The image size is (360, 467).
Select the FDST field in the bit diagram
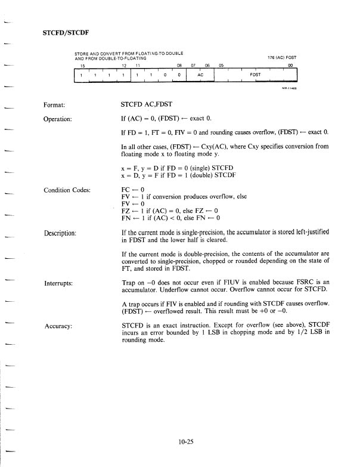tap(255, 75)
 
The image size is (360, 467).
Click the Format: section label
tap(58, 104)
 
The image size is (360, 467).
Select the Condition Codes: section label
tap(71, 191)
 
